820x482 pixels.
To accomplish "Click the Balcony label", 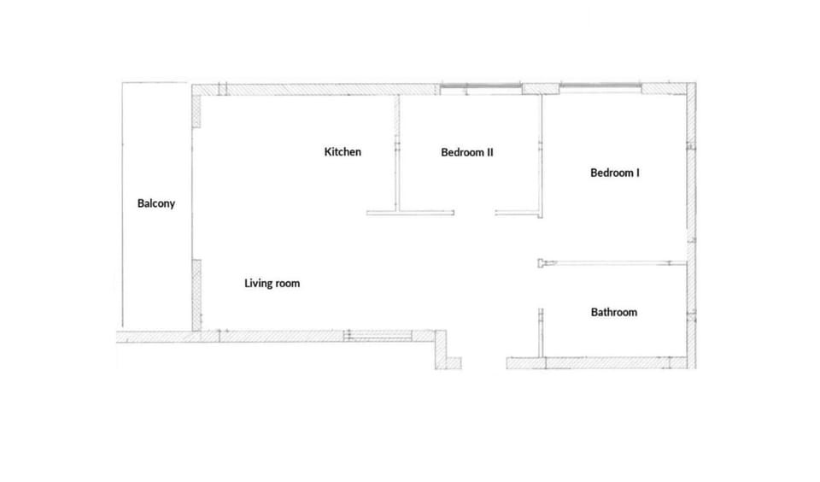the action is (x=155, y=203).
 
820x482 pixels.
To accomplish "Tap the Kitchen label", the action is (x=343, y=152).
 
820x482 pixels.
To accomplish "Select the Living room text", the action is (x=272, y=284).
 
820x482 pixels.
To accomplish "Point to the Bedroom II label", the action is (x=467, y=152).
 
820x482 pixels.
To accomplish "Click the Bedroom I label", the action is (x=614, y=173).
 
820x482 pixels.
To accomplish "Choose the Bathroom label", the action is (x=614, y=313).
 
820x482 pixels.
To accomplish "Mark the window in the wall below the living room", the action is (x=378, y=336).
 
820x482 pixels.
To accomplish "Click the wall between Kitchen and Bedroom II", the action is (x=397, y=153).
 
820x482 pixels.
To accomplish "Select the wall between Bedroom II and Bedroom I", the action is (x=540, y=156).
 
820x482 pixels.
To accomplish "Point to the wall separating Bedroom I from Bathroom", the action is (x=612, y=262).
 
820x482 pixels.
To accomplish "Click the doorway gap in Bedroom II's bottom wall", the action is (x=474, y=213).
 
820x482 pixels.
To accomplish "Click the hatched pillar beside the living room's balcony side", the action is (x=196, y=295).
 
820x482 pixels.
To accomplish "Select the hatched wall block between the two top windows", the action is (x=541, y=89).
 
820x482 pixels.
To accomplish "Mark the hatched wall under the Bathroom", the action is (x=596, y=363).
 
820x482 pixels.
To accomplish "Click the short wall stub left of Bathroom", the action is (x=541, y=332).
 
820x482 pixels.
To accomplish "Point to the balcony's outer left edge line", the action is (x=122, y=204).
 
